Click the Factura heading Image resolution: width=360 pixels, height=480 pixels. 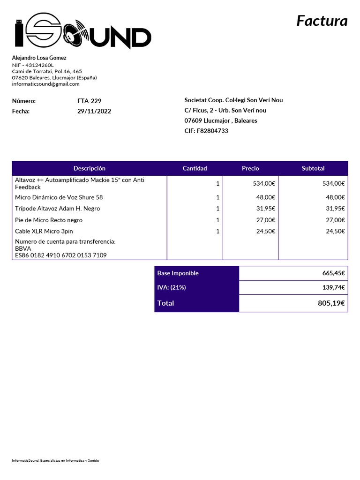(322, 21)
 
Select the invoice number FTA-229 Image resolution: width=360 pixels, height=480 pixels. (89, 101)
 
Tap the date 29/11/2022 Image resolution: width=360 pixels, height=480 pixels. (94, 112)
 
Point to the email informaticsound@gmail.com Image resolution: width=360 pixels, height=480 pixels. (45, 84)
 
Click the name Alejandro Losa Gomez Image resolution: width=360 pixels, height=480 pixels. (39, 58)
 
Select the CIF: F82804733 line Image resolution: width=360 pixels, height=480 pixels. (206, 131)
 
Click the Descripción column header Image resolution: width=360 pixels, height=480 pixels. (90, 168)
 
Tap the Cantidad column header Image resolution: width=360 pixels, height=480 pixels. (195, 168)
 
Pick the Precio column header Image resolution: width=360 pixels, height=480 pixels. (250, 168)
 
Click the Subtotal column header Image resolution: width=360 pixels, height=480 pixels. (313, 168)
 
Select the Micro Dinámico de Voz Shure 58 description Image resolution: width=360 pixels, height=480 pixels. (59, 197)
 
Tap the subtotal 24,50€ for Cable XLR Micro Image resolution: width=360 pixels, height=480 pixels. (335, 231)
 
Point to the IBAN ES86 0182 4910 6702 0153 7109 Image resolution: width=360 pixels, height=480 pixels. (61, 255)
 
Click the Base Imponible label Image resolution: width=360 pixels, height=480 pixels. (178, 273)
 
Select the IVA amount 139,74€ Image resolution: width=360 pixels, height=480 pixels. (333, 287)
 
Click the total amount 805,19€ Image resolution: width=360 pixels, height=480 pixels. (331, 303)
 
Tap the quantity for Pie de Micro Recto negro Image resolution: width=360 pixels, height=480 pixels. (217, 220)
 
